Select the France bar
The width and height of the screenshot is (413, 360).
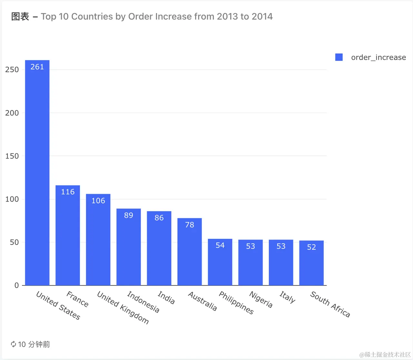[x=68, y=235]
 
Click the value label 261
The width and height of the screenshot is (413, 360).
[x=37, y=67]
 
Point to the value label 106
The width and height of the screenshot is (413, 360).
[x=98, y=201]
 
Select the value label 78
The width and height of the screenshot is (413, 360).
[x=189, y=225]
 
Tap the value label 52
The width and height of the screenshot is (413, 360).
[x=311, y=247]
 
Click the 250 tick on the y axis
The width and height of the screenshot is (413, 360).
[x=12, y=70]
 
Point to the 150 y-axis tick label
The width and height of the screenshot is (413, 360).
[x=12, y=156]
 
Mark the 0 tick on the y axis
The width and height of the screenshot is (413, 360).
[x=16, y=285]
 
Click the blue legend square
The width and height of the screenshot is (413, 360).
[x=339, y=57]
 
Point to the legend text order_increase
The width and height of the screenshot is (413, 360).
[x=378, y=57]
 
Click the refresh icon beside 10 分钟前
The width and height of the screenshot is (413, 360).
[x=13, y=344]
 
